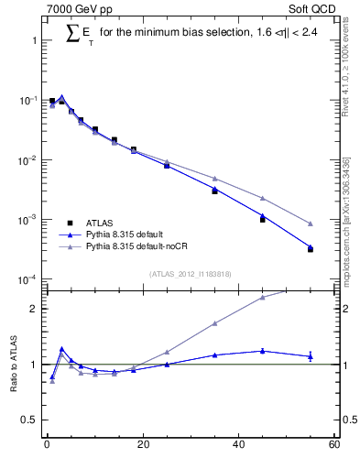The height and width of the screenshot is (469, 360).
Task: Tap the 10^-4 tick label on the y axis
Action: (x=27, y=279)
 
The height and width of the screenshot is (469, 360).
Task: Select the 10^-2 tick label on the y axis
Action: (x=27, y=160)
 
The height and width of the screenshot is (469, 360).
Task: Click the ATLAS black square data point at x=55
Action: (x=311, y=249)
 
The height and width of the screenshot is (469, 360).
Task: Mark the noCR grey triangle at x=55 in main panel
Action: (x=311, y=224)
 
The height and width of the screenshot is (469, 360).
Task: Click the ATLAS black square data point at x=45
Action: (x=263, y=220)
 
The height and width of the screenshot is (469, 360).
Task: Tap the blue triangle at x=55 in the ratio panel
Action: (x=311, y=356)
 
